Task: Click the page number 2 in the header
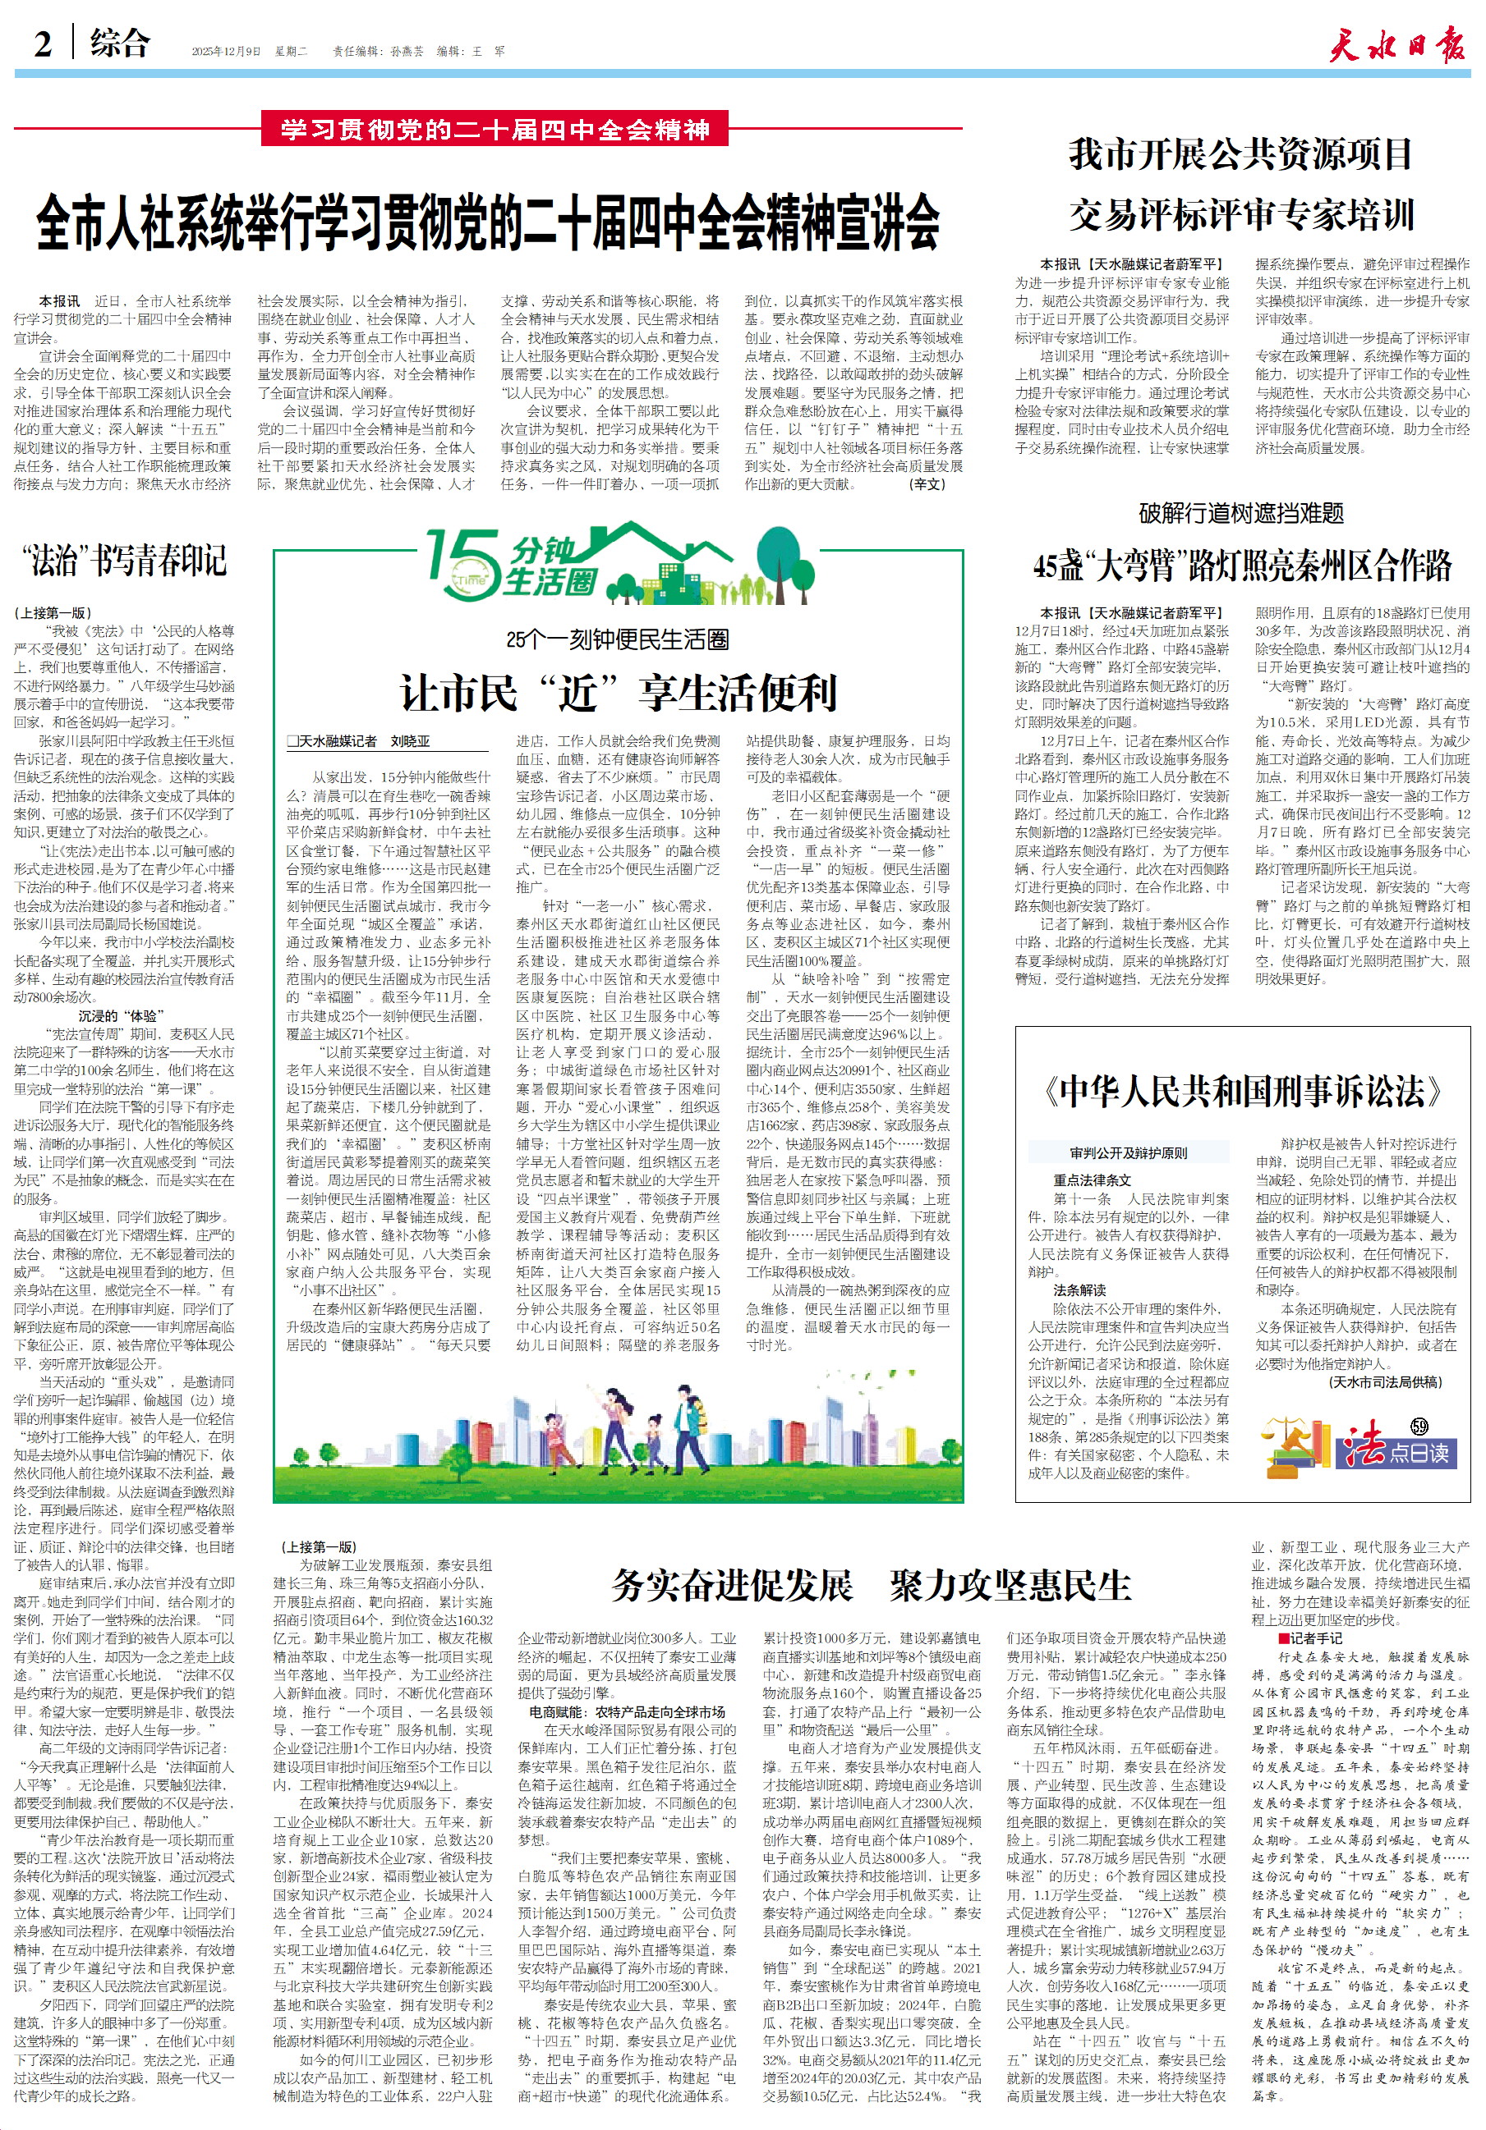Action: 43,44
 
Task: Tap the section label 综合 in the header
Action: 120,43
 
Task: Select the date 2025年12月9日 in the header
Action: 227,52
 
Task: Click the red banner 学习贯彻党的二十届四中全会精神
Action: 495,129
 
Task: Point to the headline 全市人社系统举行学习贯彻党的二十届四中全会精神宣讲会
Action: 487,222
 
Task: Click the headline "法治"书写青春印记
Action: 124,561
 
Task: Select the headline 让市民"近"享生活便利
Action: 619,692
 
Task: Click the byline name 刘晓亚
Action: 409,741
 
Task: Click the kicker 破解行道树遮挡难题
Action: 1241,513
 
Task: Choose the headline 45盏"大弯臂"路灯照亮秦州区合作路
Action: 1242,565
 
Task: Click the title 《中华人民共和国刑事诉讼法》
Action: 1242,1091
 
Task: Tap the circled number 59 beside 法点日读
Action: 1419,1427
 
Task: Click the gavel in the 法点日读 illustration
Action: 1295,1444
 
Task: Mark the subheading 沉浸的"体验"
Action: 124,1016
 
